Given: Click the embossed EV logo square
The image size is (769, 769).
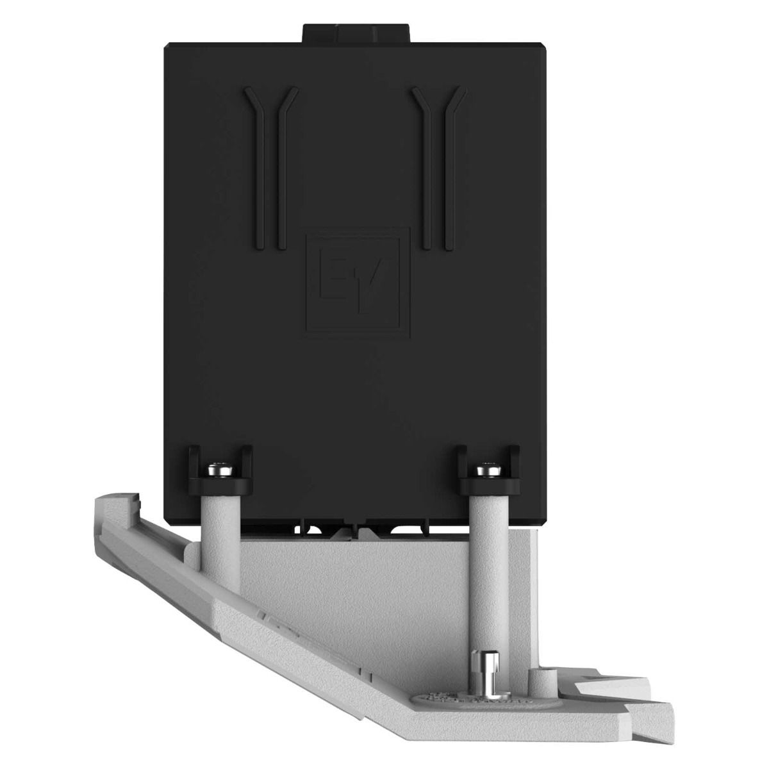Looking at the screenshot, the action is coord(358,283).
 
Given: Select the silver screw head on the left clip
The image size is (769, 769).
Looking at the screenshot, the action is coord(220,469).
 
